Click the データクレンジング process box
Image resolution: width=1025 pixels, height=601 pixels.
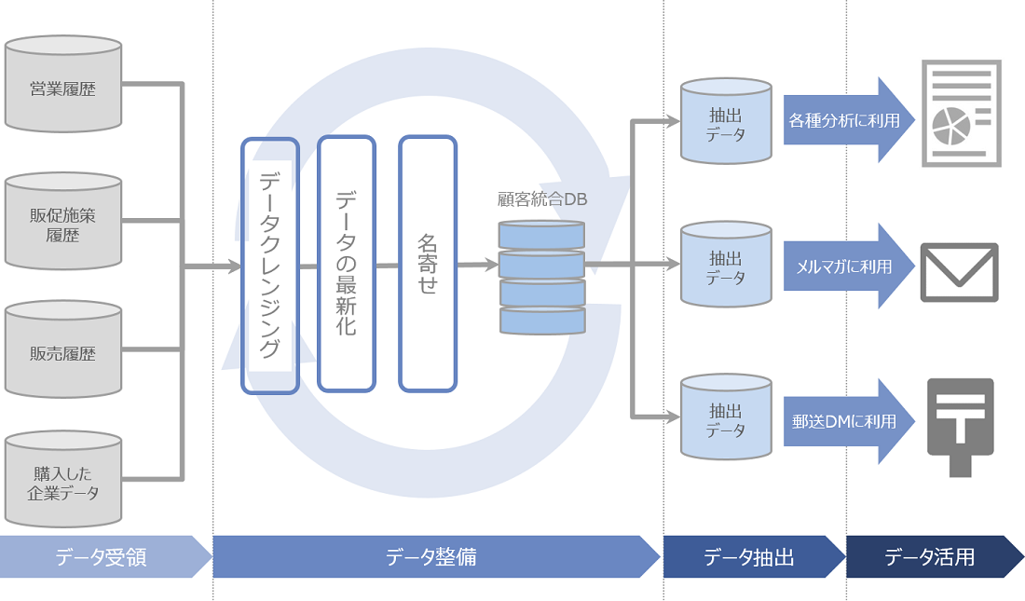click(x=269, y=266)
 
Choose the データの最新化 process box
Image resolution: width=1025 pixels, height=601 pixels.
click(x=346, y=264)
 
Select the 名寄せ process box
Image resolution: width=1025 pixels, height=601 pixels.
click(x=428, y=264)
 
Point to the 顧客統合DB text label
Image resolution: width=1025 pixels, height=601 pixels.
click(x=542, y=199)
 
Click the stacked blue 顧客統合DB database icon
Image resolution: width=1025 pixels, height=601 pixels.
click(x=541, y=277)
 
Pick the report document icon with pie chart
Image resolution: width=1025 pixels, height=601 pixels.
click(x=961, y=114)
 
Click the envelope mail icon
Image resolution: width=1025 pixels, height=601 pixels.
click(x=959, y=272)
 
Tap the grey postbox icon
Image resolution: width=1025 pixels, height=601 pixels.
click(x=960, y=424)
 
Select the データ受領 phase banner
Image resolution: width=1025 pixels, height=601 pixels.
click(x=102, y=557)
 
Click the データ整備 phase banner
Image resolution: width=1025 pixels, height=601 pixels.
click(x=433, y=557)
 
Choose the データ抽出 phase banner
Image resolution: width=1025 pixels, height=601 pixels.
click(x=751, y=557)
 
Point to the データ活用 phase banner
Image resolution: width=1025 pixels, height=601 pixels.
click(x=932, y=557)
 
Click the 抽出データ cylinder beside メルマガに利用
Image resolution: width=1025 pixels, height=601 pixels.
click(x=726, y=265)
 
